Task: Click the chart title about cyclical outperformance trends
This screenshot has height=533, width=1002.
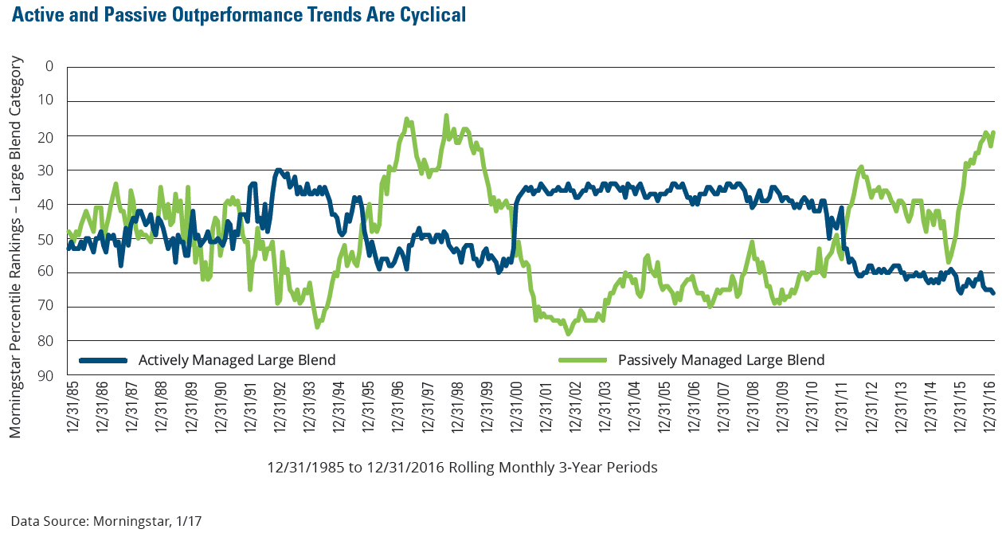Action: pos(238,15)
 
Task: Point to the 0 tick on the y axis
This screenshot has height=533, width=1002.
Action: pos(49,66)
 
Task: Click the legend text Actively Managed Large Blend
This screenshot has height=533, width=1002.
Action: pos(237,360)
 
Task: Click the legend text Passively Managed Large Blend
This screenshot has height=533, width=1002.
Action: pos(721,360)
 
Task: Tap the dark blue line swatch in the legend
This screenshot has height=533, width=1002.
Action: pos(103,360)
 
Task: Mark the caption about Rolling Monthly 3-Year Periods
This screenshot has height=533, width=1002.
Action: pos(462,468)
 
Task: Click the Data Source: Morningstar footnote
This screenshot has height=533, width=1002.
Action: pos(106,522)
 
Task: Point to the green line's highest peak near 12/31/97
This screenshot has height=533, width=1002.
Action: pos(446,116)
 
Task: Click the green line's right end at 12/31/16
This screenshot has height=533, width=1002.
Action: pos(993,133)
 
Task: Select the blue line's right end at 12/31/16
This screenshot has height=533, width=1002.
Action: pos(993,293)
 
